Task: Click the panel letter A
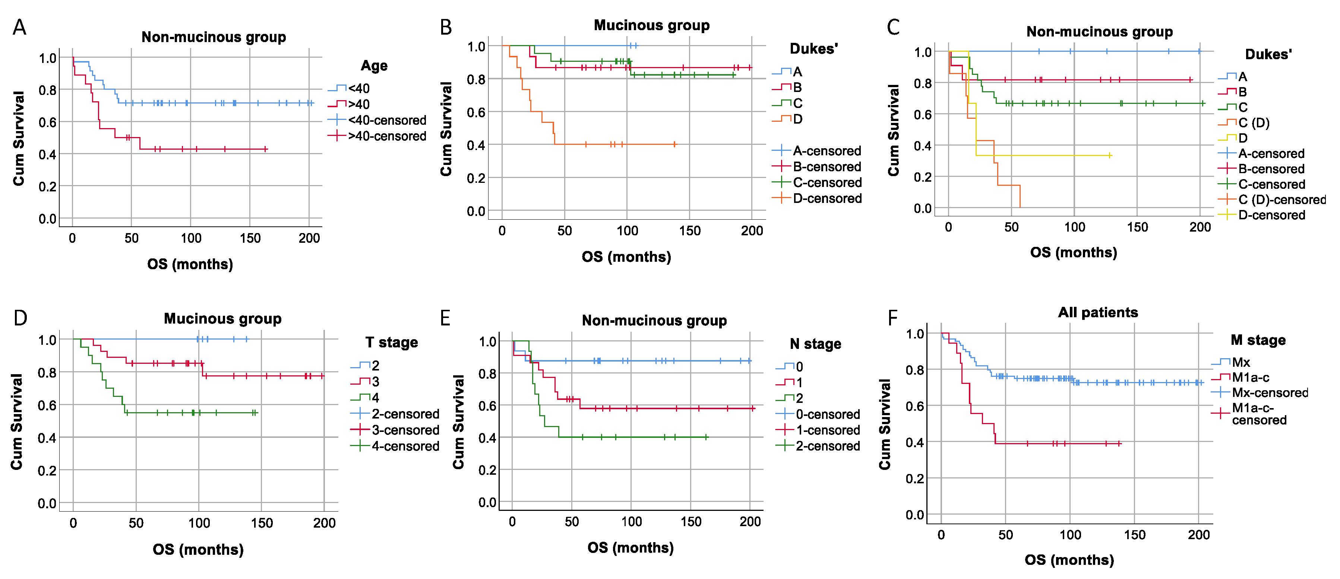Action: (19, 27)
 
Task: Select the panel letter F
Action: (892, 318)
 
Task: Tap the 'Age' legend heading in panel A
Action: (374, 66)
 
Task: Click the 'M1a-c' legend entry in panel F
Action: (1250, 377)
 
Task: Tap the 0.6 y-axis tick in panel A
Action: (47, 122)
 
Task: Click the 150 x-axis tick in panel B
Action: (689, 231)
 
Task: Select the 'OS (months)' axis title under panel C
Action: (1073, 252)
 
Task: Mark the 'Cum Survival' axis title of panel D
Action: (17, 421)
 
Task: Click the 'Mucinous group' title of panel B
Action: (651, 25)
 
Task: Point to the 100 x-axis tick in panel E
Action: (631, 521)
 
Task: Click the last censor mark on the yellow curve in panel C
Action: (1110, 155)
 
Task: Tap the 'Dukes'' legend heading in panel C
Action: (1268, 54)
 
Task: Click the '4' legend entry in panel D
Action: (375, 398)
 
